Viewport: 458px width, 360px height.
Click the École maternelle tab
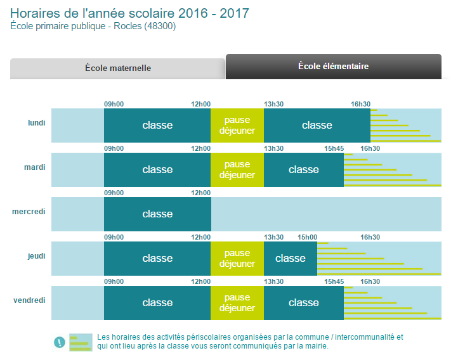tap(118, 68)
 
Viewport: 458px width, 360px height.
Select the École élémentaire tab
tap(333, 66)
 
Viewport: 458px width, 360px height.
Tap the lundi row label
tap(37, 122)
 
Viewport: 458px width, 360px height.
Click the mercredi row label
tap(29, 211)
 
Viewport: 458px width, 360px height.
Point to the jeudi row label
tap(37, 255)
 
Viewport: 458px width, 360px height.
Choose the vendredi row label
tap(29, 300)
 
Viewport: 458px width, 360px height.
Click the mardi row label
tap(35, 167)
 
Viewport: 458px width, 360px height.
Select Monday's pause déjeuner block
tap(237, 125)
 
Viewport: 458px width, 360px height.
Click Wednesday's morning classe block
tap(157, 214)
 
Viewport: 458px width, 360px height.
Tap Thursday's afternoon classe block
tap(291, 259)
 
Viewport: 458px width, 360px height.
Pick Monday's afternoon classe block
tap(317, 125)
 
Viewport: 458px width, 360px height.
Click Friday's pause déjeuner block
tap(237, 303)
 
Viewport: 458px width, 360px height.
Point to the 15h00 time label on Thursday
tap(308, 237)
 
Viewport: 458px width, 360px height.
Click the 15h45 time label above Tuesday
tap(334, 148)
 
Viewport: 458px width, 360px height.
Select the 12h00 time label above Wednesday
tap(200, 193)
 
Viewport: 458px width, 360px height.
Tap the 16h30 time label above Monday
tap(360, 104)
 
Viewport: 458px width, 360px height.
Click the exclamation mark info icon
tap(60, 342)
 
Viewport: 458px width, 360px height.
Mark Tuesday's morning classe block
tap(157, 170)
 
